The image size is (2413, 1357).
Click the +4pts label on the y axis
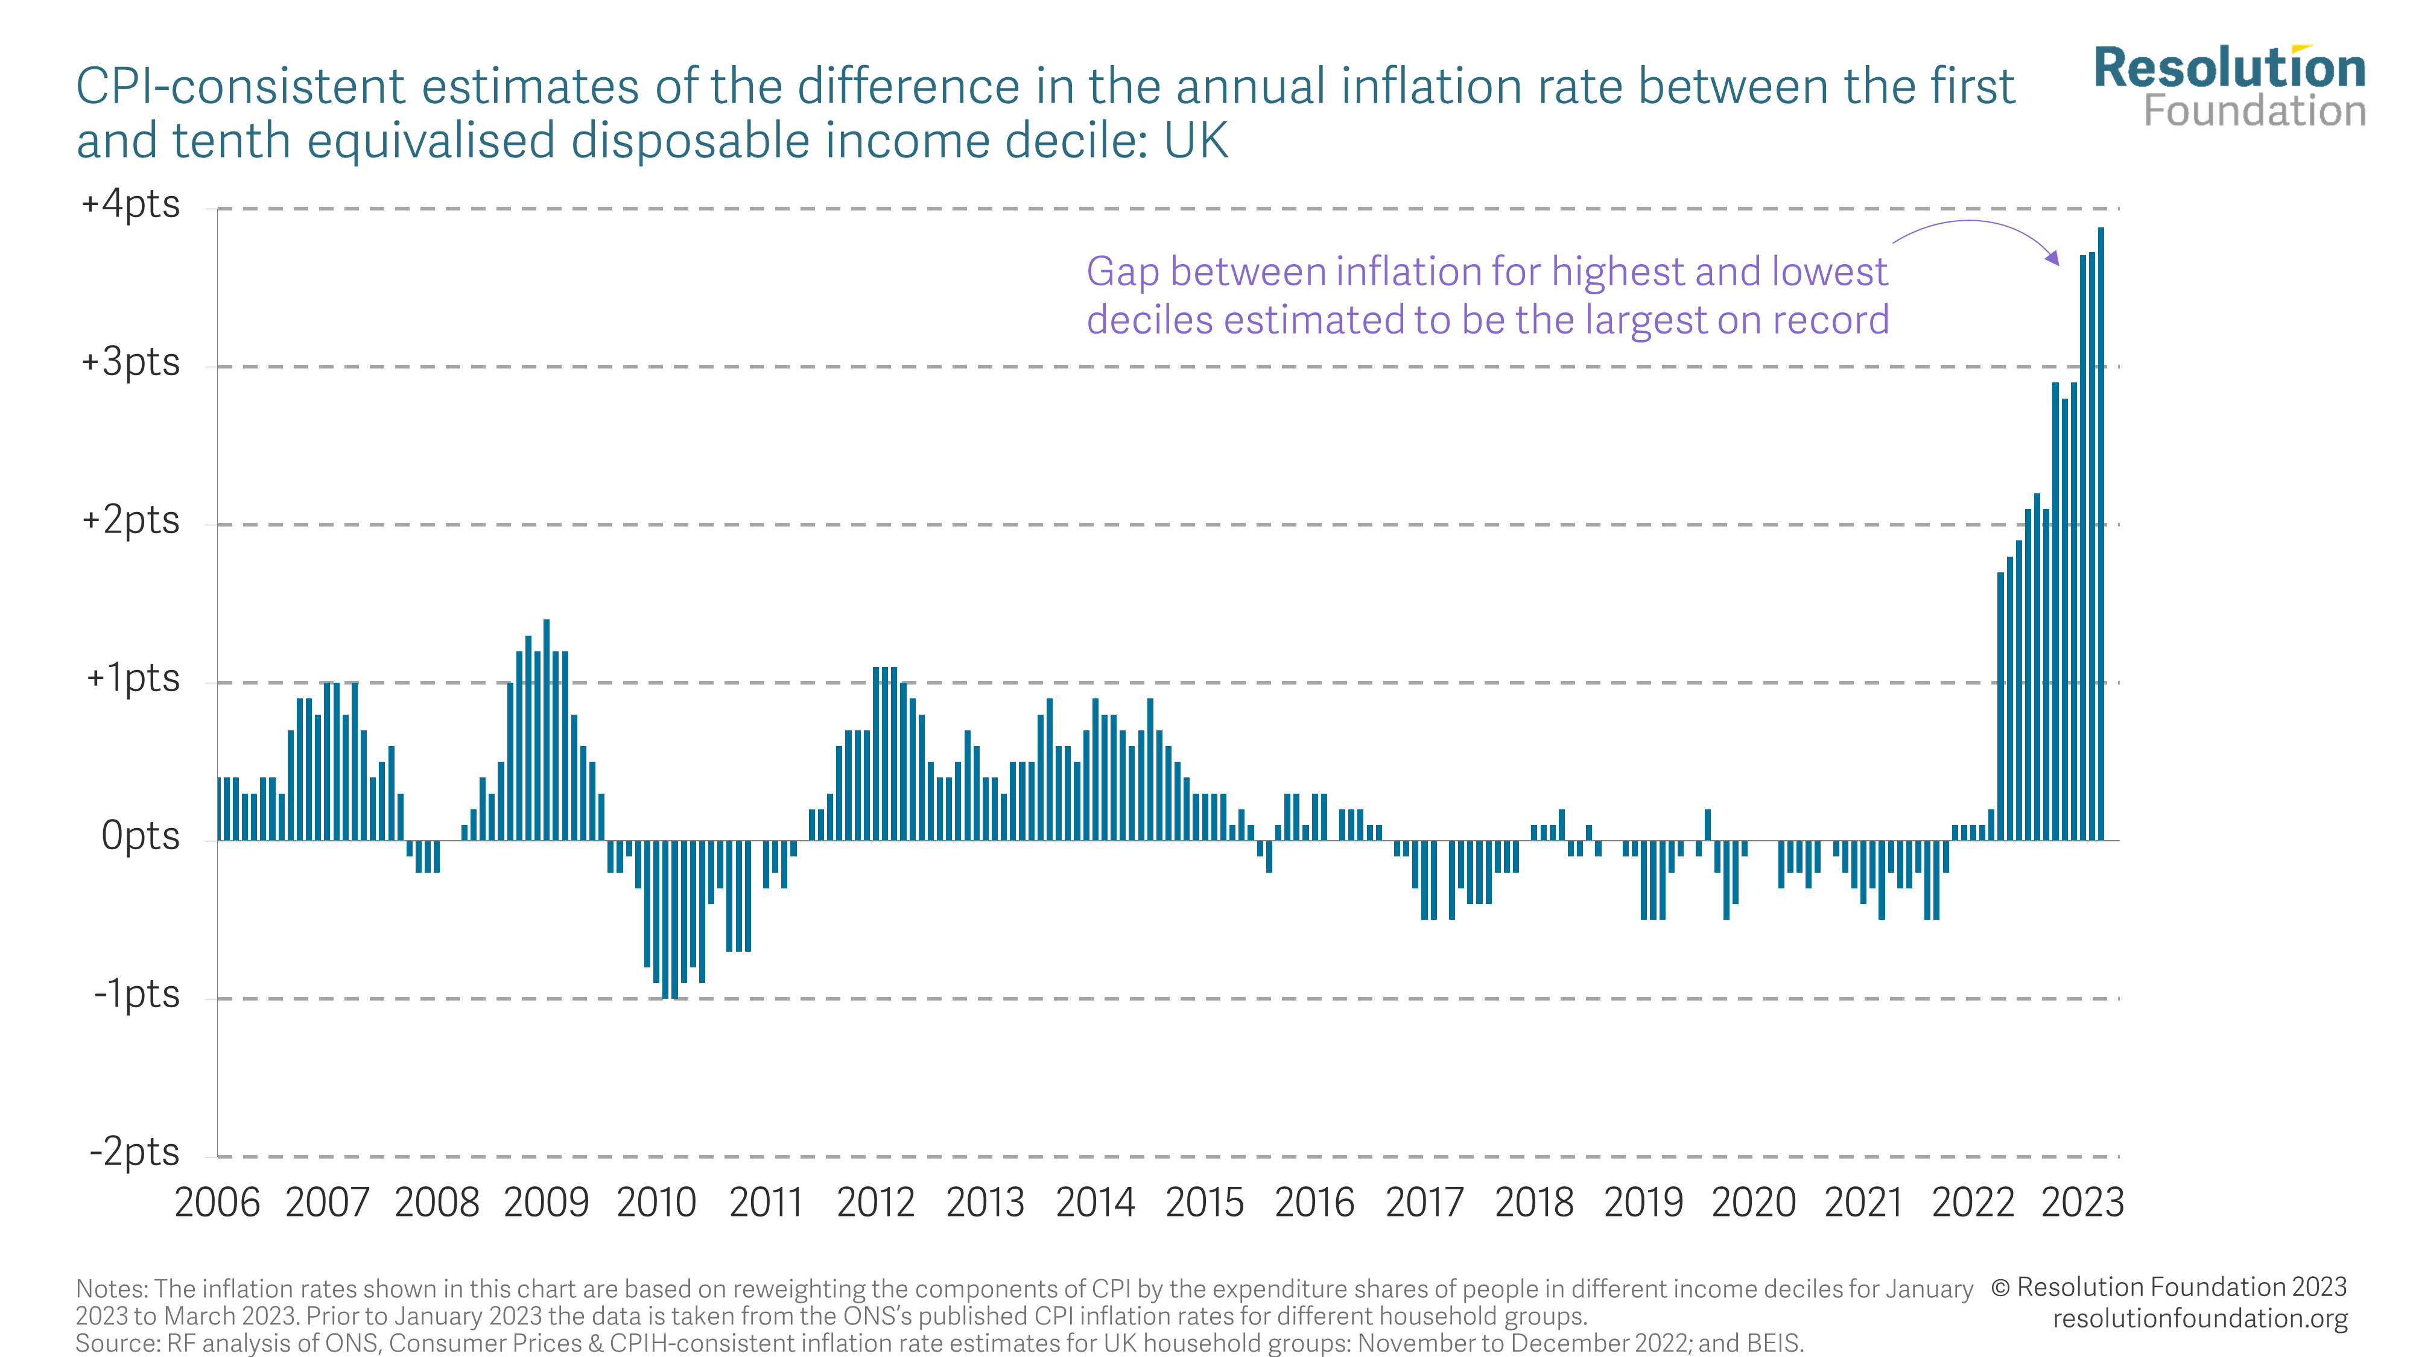(130, 204)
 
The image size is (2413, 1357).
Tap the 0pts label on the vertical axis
(141, 835)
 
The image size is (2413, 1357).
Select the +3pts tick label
(130, 362)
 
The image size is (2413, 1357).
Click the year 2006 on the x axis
(217, 1203)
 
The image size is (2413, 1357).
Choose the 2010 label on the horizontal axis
(657, 1203)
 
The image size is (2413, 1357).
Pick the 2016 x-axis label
(1314, 1203)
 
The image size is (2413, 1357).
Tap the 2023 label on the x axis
(2082, 1203)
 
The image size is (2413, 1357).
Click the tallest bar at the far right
(2101, 534)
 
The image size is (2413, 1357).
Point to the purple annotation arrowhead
(2053, 259)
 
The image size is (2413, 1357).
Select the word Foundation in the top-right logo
(2255, 112)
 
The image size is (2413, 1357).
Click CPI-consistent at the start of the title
(240, 87)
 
